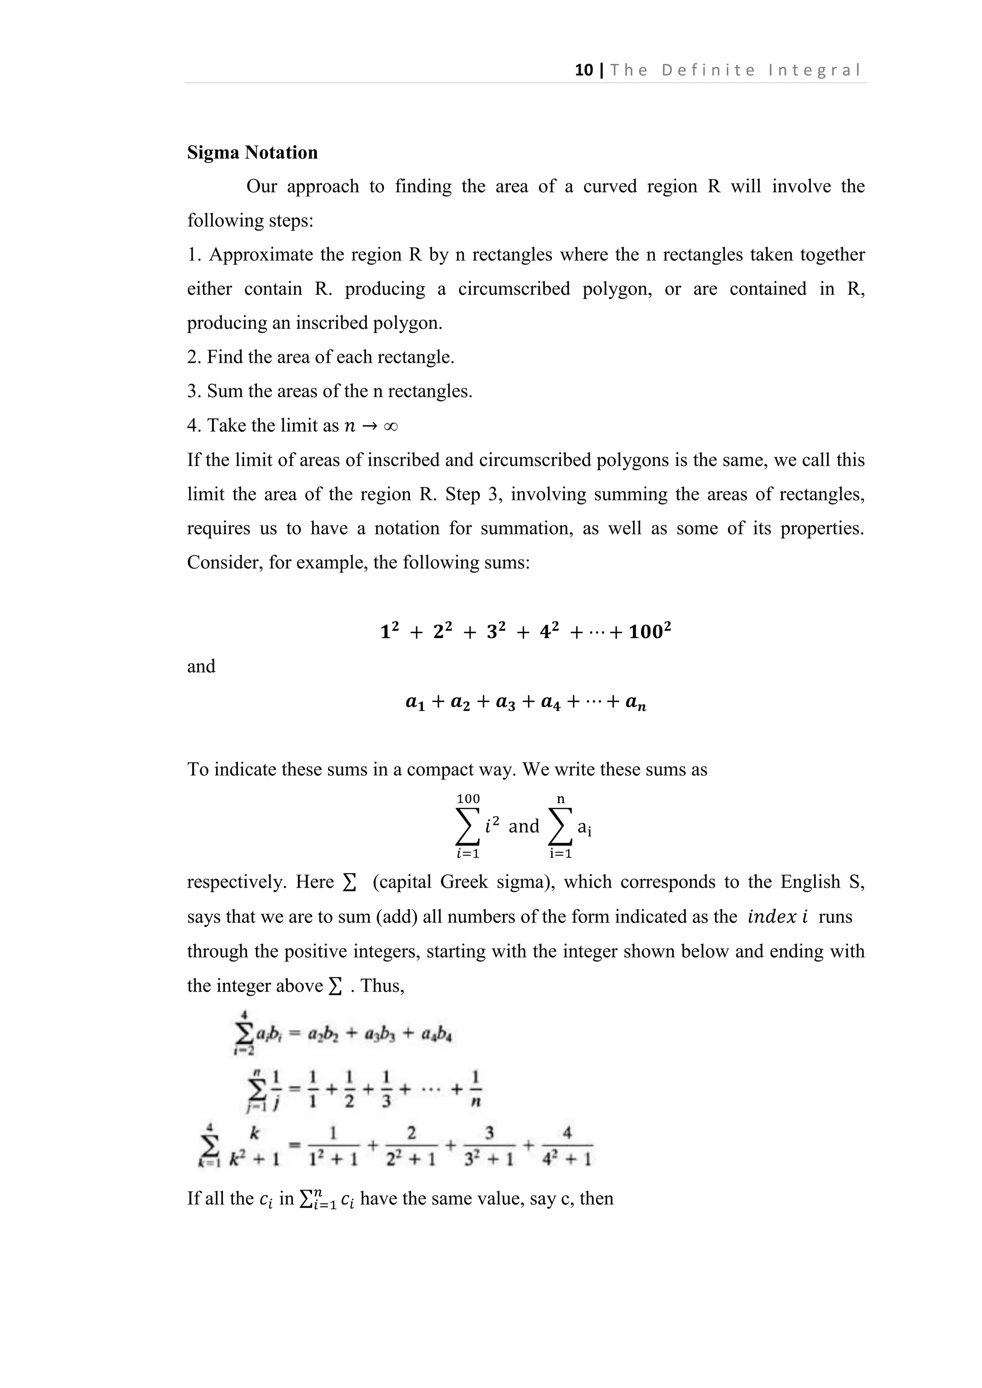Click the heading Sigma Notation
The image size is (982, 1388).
click(252, 152)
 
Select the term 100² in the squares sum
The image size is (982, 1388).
click(650, 632)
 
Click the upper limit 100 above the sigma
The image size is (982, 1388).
click(468, 798)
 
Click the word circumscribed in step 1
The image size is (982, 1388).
click(514, 289)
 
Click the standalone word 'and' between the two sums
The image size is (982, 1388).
click(201, 666)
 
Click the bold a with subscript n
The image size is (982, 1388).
click(635, 703)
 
